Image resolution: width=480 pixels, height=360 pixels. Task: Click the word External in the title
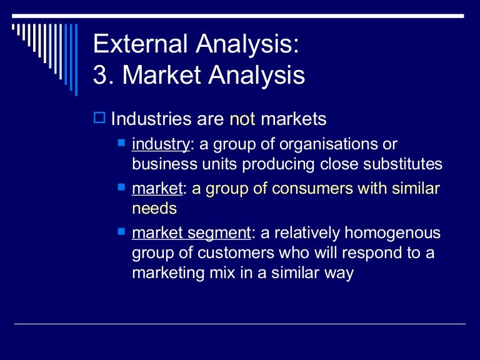point(141,45)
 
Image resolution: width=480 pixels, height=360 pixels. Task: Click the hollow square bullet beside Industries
point(99,117)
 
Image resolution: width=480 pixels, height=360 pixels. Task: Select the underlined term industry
point(161,145)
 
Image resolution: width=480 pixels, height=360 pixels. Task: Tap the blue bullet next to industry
point(121,143)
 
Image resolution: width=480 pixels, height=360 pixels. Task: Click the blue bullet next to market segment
point(121,232)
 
